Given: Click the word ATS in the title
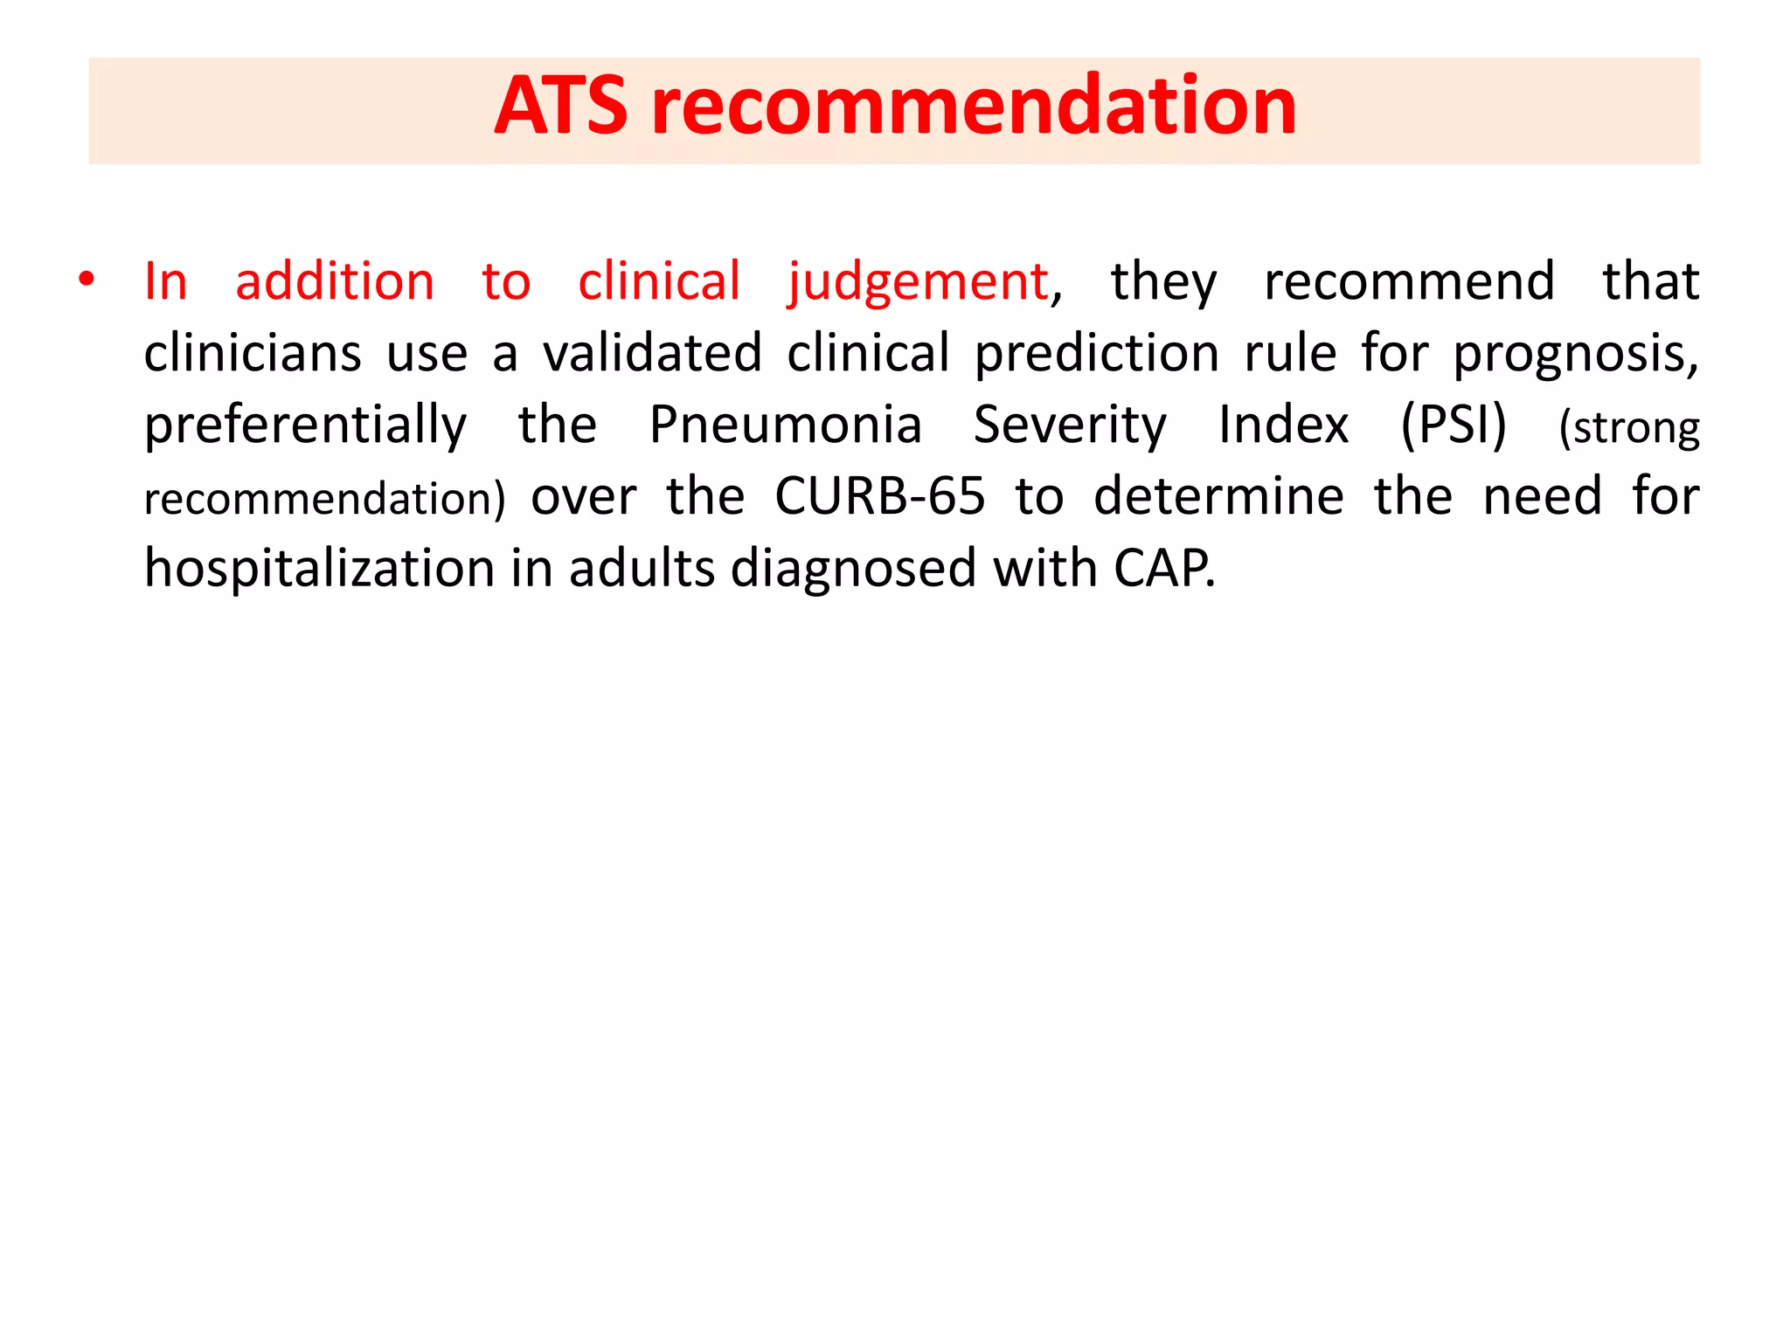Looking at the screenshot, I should pyautogui.click(x=560, y=107).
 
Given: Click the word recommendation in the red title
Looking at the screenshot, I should pyautogui.click(x=974, y=107).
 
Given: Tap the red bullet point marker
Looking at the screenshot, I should pyautogui.click(x=86, y=280).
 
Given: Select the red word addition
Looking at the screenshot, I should pyautogui.click(x=335, y=282).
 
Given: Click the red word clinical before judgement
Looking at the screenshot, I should pyautogui.click(x=659, y=282).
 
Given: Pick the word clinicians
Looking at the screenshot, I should pyautogui.click(x=253, y=354).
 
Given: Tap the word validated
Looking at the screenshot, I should pyautogui.click(x=652, y=354).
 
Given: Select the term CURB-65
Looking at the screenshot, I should pyautogui.click(x=879, y=497).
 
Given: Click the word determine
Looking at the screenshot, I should pyautogui.click(x=1218, y=497).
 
